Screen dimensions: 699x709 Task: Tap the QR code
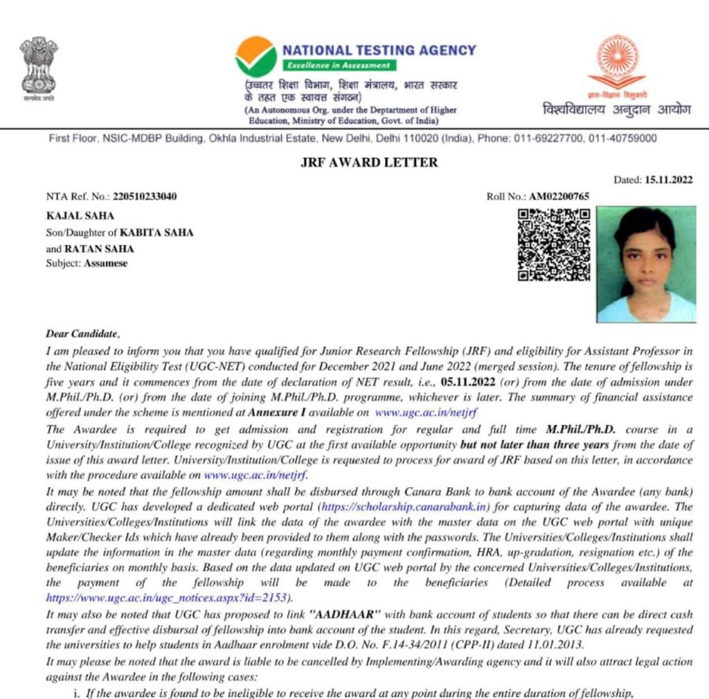[554, 244]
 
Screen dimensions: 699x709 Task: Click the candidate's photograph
[646, 264]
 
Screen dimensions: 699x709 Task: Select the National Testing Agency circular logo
[255, 57]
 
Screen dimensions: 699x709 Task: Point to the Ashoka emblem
[38, 66]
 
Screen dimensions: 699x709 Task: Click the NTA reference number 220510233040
[149, 197]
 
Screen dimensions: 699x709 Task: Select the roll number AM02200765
[559, 197]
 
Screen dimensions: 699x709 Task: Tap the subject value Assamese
[106, 263]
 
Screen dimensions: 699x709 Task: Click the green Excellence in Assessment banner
[339, 66]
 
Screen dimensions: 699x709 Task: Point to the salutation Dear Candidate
[82, 334]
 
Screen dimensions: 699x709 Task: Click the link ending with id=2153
[168, 597]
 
